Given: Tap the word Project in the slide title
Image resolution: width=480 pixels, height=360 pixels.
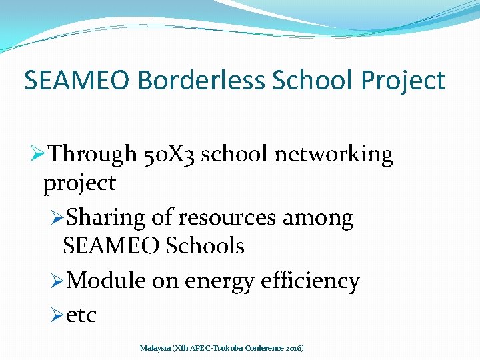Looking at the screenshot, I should (403, 81).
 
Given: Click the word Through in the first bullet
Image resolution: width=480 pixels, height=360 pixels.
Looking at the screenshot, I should (93, 155).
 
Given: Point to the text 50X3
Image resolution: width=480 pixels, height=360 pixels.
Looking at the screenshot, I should (169, 155).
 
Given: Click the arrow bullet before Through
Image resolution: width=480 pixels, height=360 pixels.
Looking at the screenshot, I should (38, 155).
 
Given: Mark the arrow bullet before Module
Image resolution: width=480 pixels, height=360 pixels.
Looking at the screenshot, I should (57, 281).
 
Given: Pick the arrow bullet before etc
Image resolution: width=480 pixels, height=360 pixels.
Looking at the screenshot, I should (57, 315).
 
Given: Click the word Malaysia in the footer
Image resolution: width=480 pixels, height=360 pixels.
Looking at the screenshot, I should (155, 348).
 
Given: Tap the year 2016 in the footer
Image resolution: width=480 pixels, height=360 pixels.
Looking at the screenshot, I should (293, 348).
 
